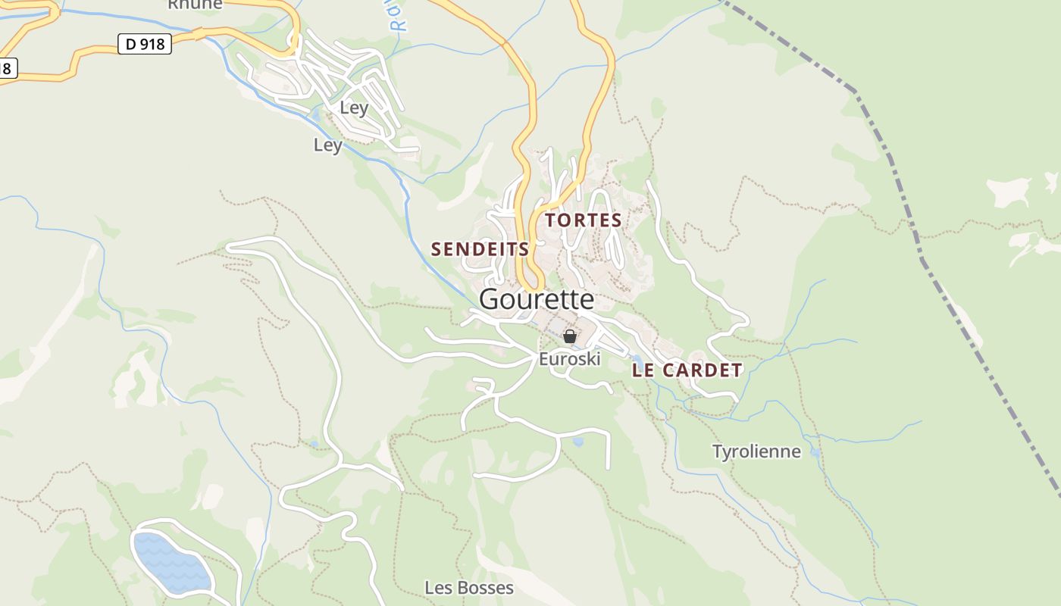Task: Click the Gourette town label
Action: [x=537, y=299]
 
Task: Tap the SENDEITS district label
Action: [x=480, y=249]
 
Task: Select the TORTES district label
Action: [x=584, y=220]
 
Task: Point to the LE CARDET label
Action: [x=687, y=370]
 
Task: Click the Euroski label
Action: [x=569, y=359]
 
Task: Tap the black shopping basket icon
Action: [x=570, y=336]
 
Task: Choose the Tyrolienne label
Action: [x=756, y=451]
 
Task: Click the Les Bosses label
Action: [x=469, y=588]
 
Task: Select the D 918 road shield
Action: [x=145, y=45]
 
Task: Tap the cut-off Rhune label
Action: [x=195, y=5]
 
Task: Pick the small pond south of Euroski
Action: [x=578, y=441]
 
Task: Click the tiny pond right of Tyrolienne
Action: [x=815, y=453]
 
